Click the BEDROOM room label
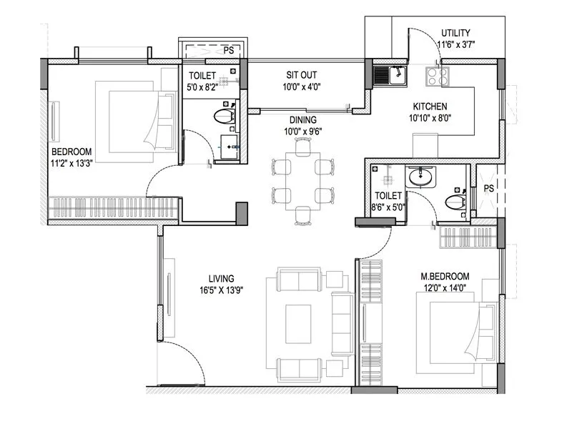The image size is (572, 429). (x=71, y=152)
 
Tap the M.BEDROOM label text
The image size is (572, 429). (x=445, y=276)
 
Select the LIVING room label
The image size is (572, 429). (x=222, y=278)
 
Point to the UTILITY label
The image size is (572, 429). (x=455, y=34)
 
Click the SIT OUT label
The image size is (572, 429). (x=302, y=74)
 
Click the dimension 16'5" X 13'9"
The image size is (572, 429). (x=222, y=290)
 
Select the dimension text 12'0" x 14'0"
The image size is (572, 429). (x=445, y=288)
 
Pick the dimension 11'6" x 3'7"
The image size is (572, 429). (x=456, y=45)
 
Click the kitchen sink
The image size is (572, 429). (x=390, y=74)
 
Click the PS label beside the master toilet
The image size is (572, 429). (x=489, y=188)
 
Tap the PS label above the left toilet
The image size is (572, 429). (x=229, y=50)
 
